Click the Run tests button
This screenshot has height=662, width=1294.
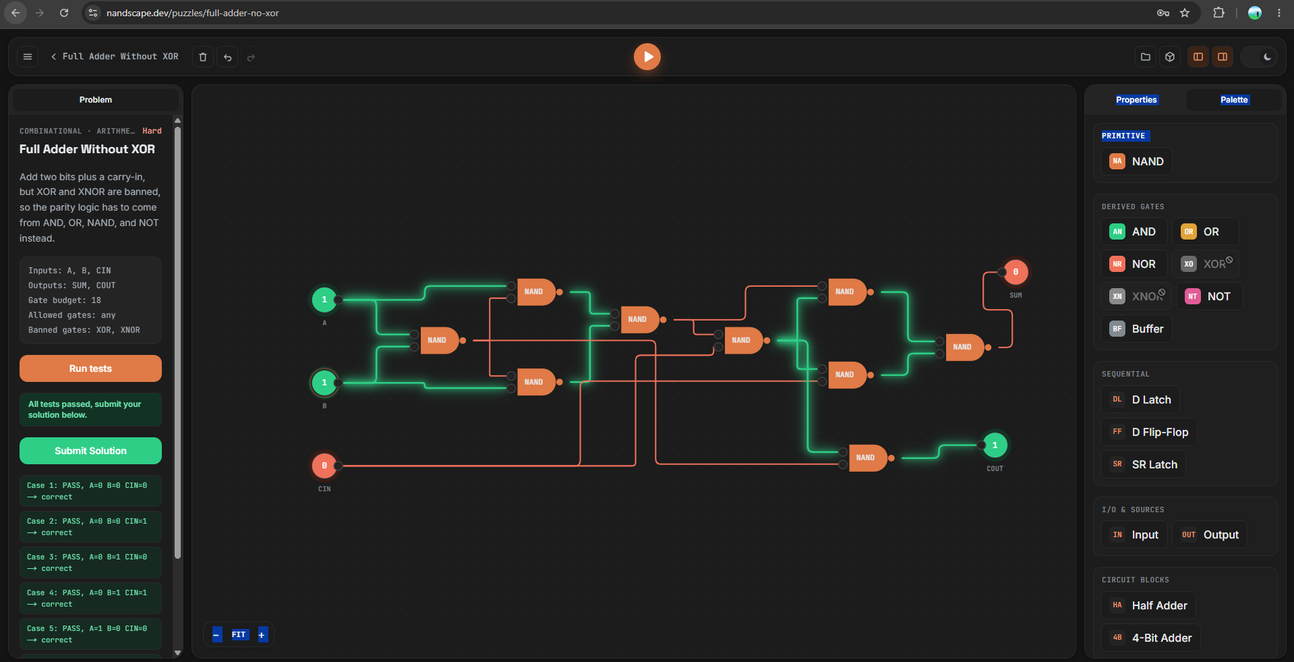pyautogui.click(x=90, y=368)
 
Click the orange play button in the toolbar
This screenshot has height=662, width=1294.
pyautogui.click(x=647, y=57)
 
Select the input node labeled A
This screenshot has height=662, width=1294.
pyautogui.click(x=324, y=300)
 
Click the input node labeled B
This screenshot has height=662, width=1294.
pyautogui.click(x=324, y=383)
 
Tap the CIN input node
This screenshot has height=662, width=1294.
pyautogui.click(x=324, y=466)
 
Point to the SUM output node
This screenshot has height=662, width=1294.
pyautogui.click(x=1016, y=272)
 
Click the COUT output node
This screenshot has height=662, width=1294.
pyautogui.click(x=995, y=445)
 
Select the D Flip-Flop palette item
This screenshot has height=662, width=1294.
pyautogui.click(x=1149, y=432)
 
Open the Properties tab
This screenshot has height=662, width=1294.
pyautogui.click(x=1136, y=100)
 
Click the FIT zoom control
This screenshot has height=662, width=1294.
pyautogui.click(x=239, y=634)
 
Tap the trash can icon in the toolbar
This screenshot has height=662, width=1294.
pyautogui.click(x=203, y=57)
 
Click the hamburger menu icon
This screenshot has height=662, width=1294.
pyautogui.click(x=28, y=57)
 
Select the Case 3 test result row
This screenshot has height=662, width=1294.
pyautogui.click(x=90, y=563)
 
